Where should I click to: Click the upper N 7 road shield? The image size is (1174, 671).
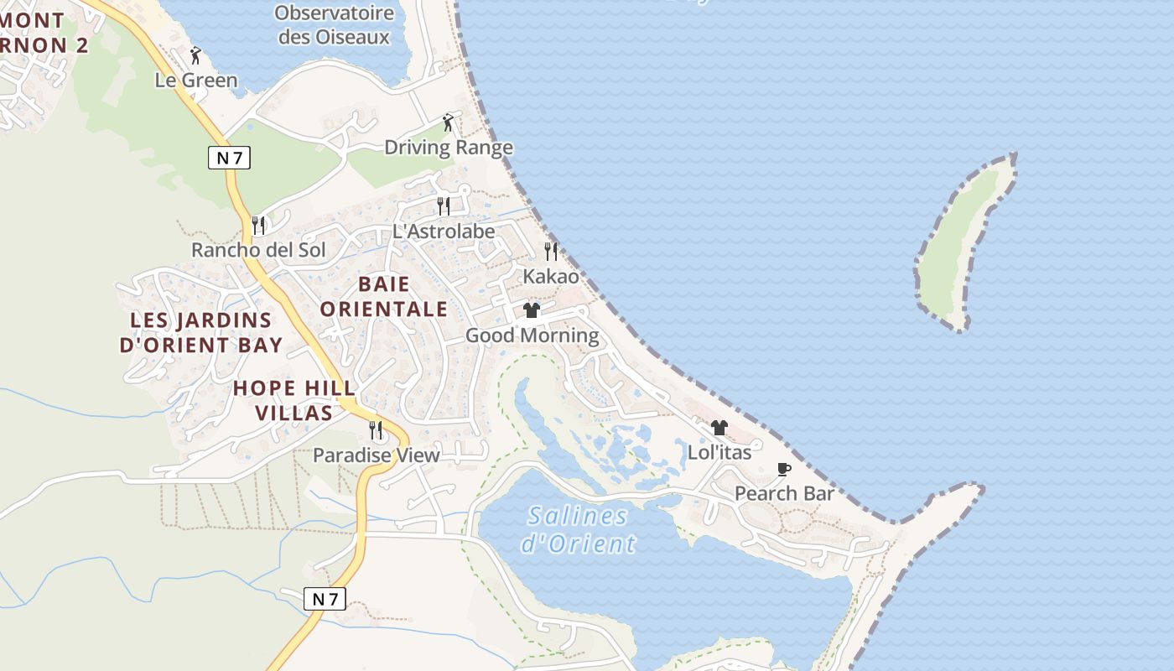229,158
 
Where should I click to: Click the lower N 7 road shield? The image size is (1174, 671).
325,599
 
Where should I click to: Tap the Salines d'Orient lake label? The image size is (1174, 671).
578,529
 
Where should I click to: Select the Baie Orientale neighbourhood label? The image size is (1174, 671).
383,296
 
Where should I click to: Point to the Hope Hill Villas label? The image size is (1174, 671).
294,400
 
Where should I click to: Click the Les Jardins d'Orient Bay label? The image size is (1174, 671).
201,332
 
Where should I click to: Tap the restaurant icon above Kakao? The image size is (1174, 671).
551,251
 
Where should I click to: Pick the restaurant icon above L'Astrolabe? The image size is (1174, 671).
444,205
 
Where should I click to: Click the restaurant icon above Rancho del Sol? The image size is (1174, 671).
258,225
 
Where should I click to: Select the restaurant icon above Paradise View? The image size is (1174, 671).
376,430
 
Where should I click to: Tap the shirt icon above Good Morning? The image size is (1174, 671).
532,310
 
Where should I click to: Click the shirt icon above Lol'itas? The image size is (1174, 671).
719,428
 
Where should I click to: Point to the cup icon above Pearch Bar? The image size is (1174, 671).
784,469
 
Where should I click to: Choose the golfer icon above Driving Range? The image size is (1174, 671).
448,123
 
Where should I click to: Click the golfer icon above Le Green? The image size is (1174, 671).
196,55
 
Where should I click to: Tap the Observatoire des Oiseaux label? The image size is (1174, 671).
334,24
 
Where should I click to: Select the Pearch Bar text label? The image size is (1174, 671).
784,493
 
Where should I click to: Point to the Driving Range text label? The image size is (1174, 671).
448,148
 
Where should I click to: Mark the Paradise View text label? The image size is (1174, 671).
376,455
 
